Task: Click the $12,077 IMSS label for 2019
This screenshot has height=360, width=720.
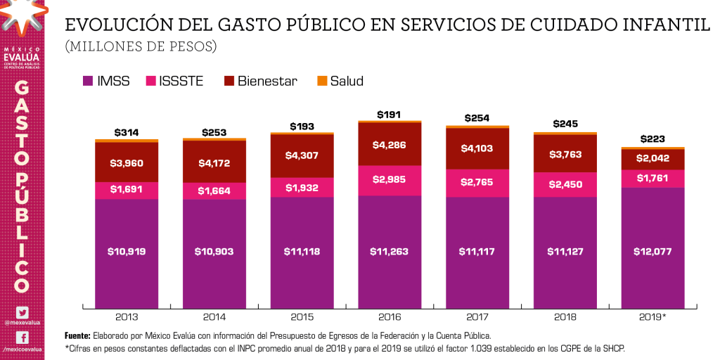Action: pos(652,251)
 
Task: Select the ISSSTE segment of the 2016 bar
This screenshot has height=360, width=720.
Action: pos(390,180)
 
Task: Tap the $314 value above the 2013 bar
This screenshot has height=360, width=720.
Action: pos(127,133)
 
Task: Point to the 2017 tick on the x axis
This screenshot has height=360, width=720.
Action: pos(477,317)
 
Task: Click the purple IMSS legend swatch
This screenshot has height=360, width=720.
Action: pos(89,81)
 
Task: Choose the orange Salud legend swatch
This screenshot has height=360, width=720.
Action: pos(323,81)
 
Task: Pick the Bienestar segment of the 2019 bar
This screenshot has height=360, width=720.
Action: pos(652,159)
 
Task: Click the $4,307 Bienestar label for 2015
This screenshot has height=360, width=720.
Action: pos(302,156)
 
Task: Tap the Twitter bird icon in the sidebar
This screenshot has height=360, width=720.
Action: pos(22,313)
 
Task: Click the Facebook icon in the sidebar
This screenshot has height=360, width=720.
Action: pos(22,337)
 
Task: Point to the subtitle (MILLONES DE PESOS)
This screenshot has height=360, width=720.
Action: pos(141,47)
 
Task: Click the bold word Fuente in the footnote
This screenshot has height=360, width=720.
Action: pos(77,335)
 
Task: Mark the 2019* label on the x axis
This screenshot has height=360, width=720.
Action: pos(652,317)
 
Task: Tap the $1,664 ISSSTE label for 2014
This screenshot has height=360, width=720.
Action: pos(214,191)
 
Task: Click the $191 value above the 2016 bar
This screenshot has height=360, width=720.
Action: pos(390,114)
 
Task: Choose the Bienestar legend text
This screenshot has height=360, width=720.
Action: pos(267,81)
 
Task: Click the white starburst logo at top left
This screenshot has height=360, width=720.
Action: pos(20,15)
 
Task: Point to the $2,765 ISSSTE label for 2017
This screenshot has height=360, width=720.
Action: pos(477,182)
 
